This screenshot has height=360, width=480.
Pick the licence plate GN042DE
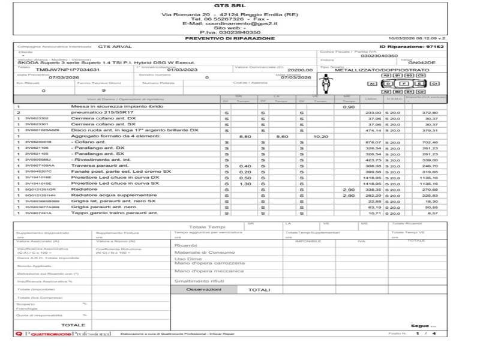[x=427, y=62]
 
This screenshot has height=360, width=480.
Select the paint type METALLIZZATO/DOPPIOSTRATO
[x=373, y=70]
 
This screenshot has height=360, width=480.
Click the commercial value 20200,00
[x=300, y=70]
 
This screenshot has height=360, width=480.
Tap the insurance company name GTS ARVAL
[x=115, y=46]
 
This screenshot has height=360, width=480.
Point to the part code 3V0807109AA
[x=40, y=166]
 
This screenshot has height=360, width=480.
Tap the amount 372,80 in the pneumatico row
[x=430, y=112]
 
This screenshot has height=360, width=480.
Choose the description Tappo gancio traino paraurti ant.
[x=112, y=213]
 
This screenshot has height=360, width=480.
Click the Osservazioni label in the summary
[x=203, y=289]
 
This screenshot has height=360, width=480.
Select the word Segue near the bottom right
[x=419, y=326]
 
